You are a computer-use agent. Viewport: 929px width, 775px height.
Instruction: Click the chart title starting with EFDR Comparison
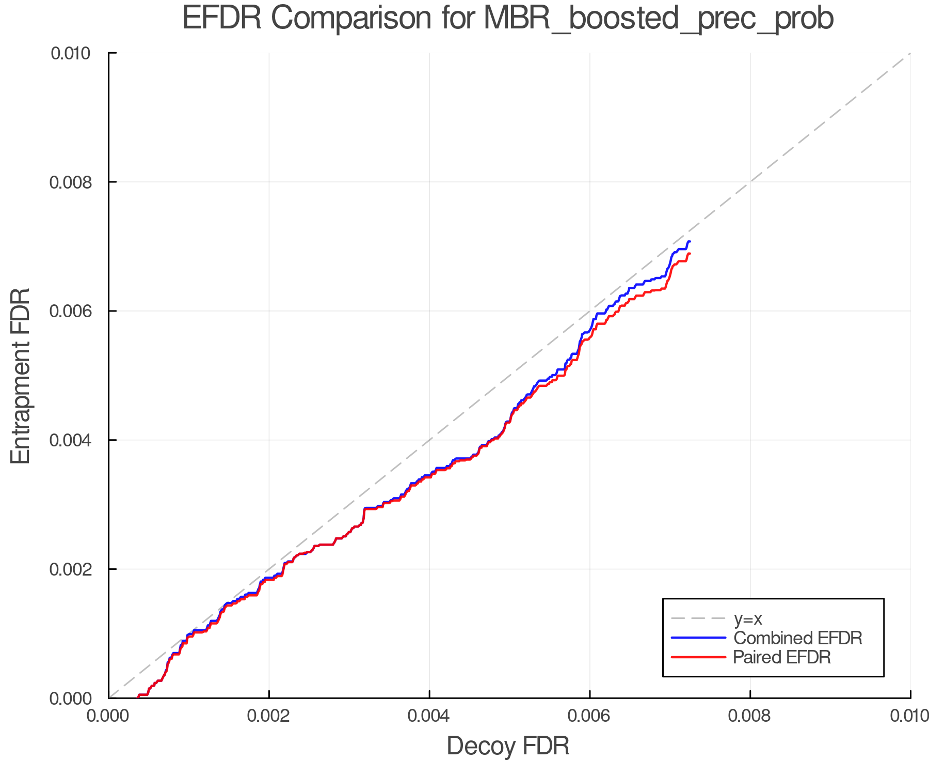[x=508, y=19]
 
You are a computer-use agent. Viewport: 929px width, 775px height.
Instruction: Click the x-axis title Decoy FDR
[x=508, y=746]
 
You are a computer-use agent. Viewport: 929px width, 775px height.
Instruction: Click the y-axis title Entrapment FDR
[x=21, y=376]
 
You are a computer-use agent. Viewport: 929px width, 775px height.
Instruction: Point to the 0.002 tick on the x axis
[x=269, y=716]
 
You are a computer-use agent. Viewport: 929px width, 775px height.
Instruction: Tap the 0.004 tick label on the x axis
[x=429, y=716]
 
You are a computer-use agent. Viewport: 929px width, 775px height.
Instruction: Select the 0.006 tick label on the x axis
[x=589, y=716]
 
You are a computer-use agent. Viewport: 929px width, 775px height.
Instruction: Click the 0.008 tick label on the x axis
[x=750, y=716]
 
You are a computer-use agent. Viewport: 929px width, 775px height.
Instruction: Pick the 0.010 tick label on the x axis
[x=909, y=716]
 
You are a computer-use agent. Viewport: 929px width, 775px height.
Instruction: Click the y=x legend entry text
[x=748, y=618]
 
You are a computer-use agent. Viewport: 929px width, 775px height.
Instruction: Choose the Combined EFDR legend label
[x=797, y=638]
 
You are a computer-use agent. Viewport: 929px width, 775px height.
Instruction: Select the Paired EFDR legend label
[x=781, y=657]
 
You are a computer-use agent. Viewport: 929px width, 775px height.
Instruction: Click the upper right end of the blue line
[x=690, y=241]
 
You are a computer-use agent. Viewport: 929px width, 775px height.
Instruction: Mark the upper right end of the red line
[x=690, y=253]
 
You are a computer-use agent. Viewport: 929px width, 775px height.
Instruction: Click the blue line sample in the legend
[x=698, y=638]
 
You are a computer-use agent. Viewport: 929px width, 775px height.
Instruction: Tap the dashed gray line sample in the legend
[x=698, y=618]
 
